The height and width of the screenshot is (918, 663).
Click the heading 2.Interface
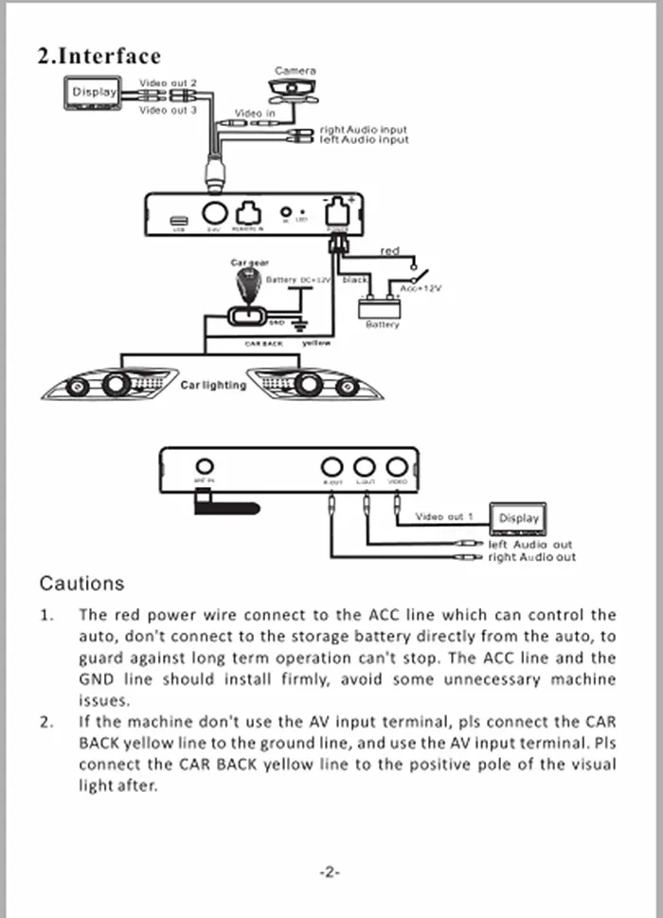tap(99, 56)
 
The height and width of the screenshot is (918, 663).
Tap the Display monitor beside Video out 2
tap(93, 93)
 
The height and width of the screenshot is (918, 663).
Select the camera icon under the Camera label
tap(295, 89)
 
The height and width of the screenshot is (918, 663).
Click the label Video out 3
tap(168, 111)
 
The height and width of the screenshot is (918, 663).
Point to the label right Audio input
tap(364, 129)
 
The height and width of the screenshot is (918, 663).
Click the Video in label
tap(255, 114)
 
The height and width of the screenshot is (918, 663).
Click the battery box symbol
tap(381, 307)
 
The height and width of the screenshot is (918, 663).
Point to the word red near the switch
tap(389, 251)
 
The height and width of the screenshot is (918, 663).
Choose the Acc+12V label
tap(420, 288)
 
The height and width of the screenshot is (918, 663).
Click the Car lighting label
tap(213, 386)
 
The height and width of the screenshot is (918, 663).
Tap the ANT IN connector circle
tap(204, 466)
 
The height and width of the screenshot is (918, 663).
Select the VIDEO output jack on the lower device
tap(399, 466)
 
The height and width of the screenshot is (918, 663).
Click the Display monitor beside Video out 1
tap(518, 518)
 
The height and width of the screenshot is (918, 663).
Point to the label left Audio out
tap(530, 545)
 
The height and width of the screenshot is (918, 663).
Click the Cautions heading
tap(81, 583)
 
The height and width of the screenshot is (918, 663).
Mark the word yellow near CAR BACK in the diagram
tap(315, 343)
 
